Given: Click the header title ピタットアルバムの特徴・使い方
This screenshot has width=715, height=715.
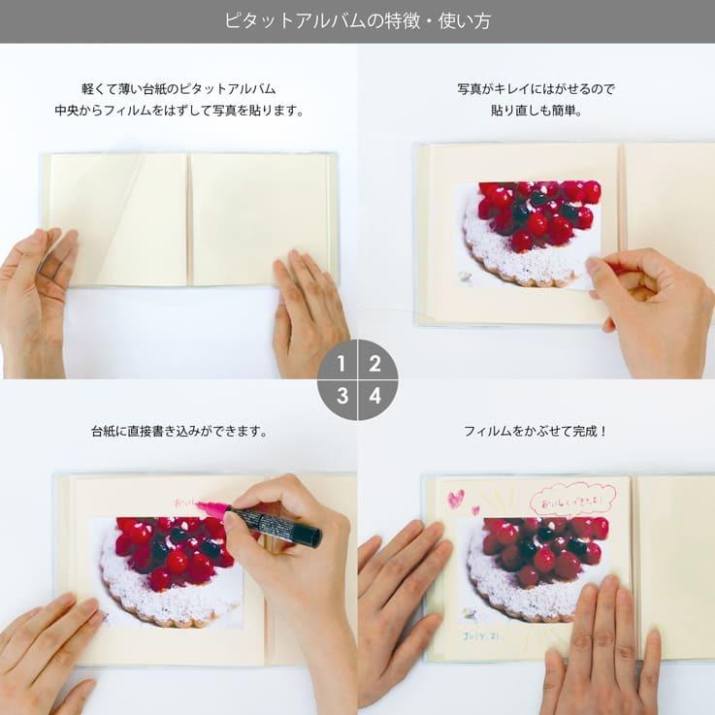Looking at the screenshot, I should pos(357,20).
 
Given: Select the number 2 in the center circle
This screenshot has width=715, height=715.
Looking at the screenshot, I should pos(374,365).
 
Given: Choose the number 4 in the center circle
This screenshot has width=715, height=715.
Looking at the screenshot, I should pos(374,396).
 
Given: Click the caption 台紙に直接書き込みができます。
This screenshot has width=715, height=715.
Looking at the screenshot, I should pos(179,431).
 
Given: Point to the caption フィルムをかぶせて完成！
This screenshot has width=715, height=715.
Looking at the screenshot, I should pos(536,431).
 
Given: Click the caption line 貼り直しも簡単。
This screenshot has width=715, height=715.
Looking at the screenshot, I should pos(536,111).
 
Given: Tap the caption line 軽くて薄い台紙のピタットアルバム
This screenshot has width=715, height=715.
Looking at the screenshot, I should pos(179,88).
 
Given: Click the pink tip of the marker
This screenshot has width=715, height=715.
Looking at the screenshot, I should pos(208,507).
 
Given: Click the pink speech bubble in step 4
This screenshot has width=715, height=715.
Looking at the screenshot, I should pos(572,499).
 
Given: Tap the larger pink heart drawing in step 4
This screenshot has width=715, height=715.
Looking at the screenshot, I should pos(454,499).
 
